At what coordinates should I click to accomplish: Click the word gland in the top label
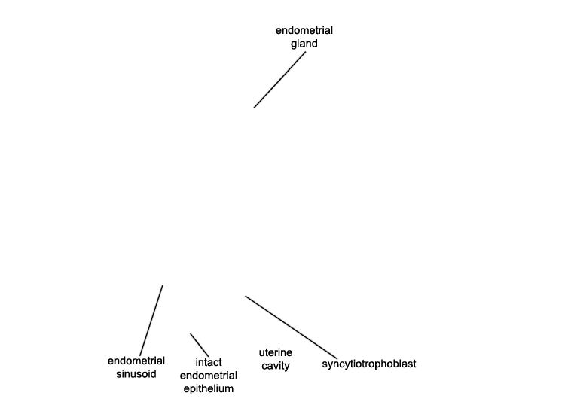point(304,44)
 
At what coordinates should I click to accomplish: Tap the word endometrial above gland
point(304,30)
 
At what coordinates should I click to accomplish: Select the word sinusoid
point(136,373)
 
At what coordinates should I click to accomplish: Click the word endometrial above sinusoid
point(136,361)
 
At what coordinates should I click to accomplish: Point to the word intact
point(209,362)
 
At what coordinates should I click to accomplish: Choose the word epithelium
point(209,389)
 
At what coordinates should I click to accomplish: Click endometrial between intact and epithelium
point(209,376)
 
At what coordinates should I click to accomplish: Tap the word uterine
point(276,352)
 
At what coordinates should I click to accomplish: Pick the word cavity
point(276,366)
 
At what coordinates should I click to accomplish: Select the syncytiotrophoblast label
point(369,364)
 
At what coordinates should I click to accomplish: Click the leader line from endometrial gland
point(280,80)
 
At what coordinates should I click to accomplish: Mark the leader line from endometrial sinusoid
point(151,321)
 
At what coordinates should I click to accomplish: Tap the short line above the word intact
point(200,345)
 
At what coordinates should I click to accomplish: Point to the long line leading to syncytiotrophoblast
point(291,327)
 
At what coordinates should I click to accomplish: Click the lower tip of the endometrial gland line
point(254,108)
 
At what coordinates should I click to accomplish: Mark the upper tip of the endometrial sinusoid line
point(163,286)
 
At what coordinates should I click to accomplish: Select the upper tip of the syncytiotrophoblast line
point(246,297)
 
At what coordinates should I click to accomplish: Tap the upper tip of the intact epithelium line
point(191,334)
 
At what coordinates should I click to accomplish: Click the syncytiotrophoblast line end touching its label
point(337,358)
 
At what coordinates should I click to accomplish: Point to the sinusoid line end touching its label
point(140,355)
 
